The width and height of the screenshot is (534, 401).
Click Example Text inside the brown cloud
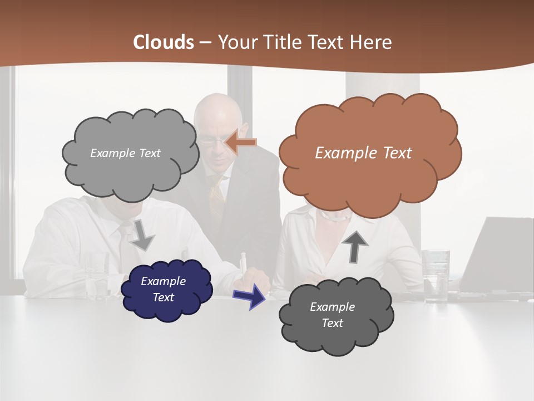[x=363, y=153]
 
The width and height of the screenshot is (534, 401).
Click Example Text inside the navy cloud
[x=164, y=289]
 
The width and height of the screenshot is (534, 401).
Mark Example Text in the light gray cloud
[x=125, y=153]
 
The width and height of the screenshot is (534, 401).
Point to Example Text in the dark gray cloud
[x=332, y=315]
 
